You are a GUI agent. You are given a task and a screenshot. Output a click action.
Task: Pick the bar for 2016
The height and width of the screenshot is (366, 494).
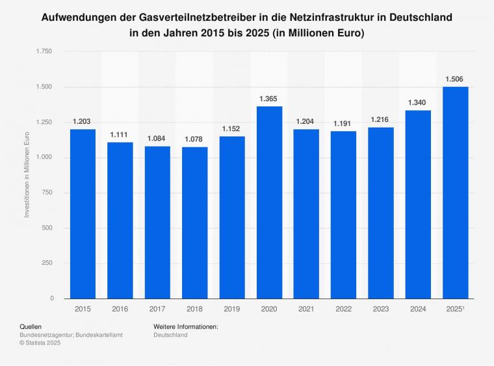tap(120, 221)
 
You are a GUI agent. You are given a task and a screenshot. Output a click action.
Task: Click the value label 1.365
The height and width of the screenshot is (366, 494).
tap(269, 98)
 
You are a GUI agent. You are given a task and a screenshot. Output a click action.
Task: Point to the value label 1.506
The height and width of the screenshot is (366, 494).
tap(455, 79)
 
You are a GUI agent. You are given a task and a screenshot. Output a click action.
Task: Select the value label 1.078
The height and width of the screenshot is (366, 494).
tap(194, 139)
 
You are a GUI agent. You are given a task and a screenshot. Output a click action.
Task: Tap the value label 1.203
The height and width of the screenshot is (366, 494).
tap(83, 121)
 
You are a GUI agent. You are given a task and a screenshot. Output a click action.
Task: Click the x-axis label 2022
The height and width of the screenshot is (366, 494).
tap(343, 310)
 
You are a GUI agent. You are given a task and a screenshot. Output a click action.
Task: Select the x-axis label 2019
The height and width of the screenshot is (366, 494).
tap(232, 310)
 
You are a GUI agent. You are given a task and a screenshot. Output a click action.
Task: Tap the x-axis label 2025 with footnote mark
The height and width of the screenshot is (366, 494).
tap(455, 310)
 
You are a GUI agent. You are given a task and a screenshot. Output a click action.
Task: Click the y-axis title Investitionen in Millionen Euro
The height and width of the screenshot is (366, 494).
tap(27, 175)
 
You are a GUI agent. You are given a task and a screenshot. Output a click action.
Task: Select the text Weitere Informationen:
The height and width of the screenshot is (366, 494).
tap(185, 326)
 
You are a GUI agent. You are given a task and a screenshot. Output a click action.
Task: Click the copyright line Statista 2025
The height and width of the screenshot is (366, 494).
tap(40, 343)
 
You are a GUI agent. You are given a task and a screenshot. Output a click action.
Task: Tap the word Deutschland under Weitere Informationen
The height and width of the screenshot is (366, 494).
tap(170, 335)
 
